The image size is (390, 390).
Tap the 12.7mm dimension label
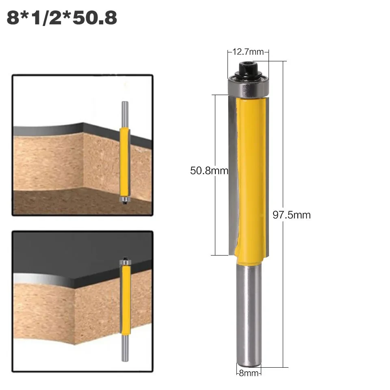pos(248,52)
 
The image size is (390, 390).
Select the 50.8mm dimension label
pos(209,171)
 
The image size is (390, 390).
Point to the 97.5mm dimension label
pos(291,215)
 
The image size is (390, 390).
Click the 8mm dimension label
pos(248,373)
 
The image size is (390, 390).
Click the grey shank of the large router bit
pos(248,313)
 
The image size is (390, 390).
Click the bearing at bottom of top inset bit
pos(124,199)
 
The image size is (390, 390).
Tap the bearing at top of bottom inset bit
pos(125,263)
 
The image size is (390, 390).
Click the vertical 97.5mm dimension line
pos(283,284)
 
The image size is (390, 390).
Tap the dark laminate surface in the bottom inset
pos(61,256)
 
